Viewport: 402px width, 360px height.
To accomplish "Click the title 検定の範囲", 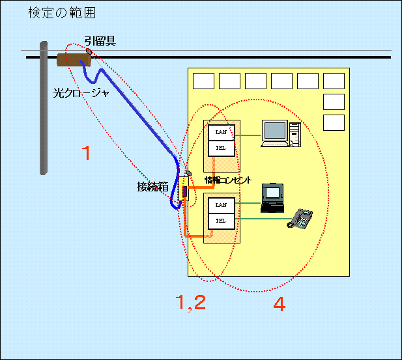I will (61, 12).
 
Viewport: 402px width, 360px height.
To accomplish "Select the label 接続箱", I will (152, 187).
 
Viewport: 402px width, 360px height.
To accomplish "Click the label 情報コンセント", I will (228, 180).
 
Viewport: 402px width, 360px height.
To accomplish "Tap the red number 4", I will (279, 304).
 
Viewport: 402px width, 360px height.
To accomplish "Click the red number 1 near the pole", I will (85, 154).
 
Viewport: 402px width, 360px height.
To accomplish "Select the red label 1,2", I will (191, 302).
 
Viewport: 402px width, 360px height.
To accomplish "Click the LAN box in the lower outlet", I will (220, 205).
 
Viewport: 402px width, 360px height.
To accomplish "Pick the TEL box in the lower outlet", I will (220, 221).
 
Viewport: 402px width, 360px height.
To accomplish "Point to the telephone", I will (301, 218).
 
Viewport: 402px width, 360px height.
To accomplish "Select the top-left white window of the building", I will (203, 81).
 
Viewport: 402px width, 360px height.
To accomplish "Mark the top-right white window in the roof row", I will (334, 81).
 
